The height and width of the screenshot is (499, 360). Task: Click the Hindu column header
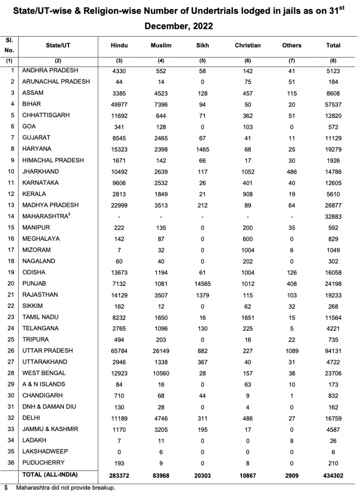pos(119,46)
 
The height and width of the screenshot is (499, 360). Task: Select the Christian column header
pos(248,46)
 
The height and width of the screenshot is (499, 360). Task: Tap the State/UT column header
pos(58,46)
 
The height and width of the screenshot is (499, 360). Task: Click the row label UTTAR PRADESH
pos(48,351)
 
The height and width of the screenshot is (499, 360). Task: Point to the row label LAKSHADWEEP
pos(45,451)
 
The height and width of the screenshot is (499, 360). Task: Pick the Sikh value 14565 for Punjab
pos(203,283)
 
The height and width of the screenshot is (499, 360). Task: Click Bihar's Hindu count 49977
pos(119,104)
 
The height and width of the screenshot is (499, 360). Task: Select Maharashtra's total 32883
pos(333,216)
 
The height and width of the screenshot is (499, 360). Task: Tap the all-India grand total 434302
pos(333,475)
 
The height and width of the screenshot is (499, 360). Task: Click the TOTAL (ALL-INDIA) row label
pos(50,475)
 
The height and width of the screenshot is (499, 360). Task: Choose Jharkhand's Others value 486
pos(292,172)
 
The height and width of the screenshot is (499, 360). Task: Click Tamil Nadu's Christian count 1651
pos(248,317)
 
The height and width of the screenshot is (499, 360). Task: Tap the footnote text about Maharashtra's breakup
pos(65,488)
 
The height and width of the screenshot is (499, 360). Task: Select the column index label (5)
pos(203,61)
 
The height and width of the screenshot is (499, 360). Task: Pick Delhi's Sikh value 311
pos(203,418)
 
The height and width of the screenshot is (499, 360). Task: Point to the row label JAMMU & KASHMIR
pos(50,429)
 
